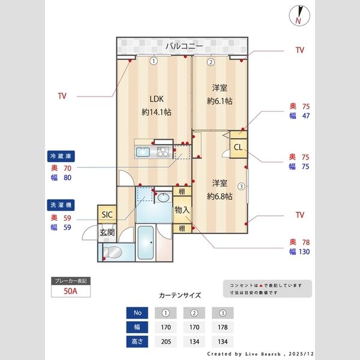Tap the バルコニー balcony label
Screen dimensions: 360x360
point(184,46)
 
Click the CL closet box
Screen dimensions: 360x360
point(238,148)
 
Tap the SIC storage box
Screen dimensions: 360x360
point(107,214)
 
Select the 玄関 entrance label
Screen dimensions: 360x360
point(107,233)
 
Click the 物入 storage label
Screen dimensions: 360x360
point(182,211)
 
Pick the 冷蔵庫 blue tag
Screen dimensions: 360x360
point(59,156)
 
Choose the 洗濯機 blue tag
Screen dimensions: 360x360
point(59,205)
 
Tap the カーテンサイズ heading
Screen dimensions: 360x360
point(180,295)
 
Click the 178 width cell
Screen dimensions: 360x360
point(222,327)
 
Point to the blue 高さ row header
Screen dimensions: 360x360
point(137,341)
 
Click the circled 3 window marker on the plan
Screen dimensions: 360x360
point(241,186)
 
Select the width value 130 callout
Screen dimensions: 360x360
point(304,252)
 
